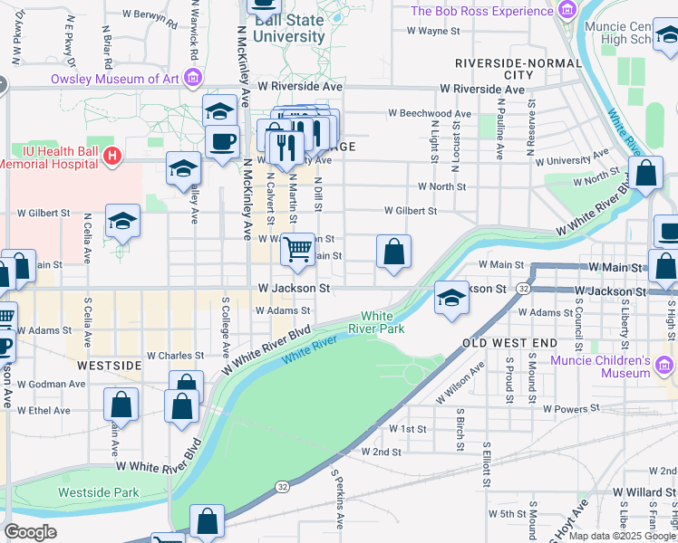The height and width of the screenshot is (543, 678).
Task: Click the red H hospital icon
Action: pyautogui.click(x=111, y=157)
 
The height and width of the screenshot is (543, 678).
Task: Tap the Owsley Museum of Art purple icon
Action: pyautogui.click(x=192, y=79)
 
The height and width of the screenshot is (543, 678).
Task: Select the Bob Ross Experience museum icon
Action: pyautogui.click(x=567, y=11)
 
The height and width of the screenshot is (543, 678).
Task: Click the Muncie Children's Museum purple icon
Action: pyautogui.click(x=665, y=366)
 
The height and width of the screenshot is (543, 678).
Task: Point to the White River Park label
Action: pyautogui.click(x=383, y=322)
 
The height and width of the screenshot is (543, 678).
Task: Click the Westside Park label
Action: pyautogui.click(x=99, y=492)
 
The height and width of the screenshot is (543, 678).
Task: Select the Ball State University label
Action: pyautogui.click(x=289, y=28)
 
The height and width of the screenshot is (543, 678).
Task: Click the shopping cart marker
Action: pyautogui.click(x=297, y=249)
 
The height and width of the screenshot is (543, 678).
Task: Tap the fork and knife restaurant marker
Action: pyautogui.click(x=286, y=145)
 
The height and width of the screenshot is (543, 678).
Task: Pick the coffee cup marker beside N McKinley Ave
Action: pyautogui.click(x=222, y=140)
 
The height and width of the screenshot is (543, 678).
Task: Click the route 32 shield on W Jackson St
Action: pyautogui.click(x=524, y=288)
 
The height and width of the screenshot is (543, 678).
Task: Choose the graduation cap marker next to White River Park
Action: pyautogui.click(x=450, y=298)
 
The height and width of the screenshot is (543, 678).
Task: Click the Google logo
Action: pyautogui.click(x=30, y=532)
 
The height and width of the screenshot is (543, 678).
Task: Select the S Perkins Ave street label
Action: pyautogui.click(x=339, y=499)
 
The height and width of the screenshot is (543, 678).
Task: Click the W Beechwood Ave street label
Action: pyautogui.click(x=430, y=114)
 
